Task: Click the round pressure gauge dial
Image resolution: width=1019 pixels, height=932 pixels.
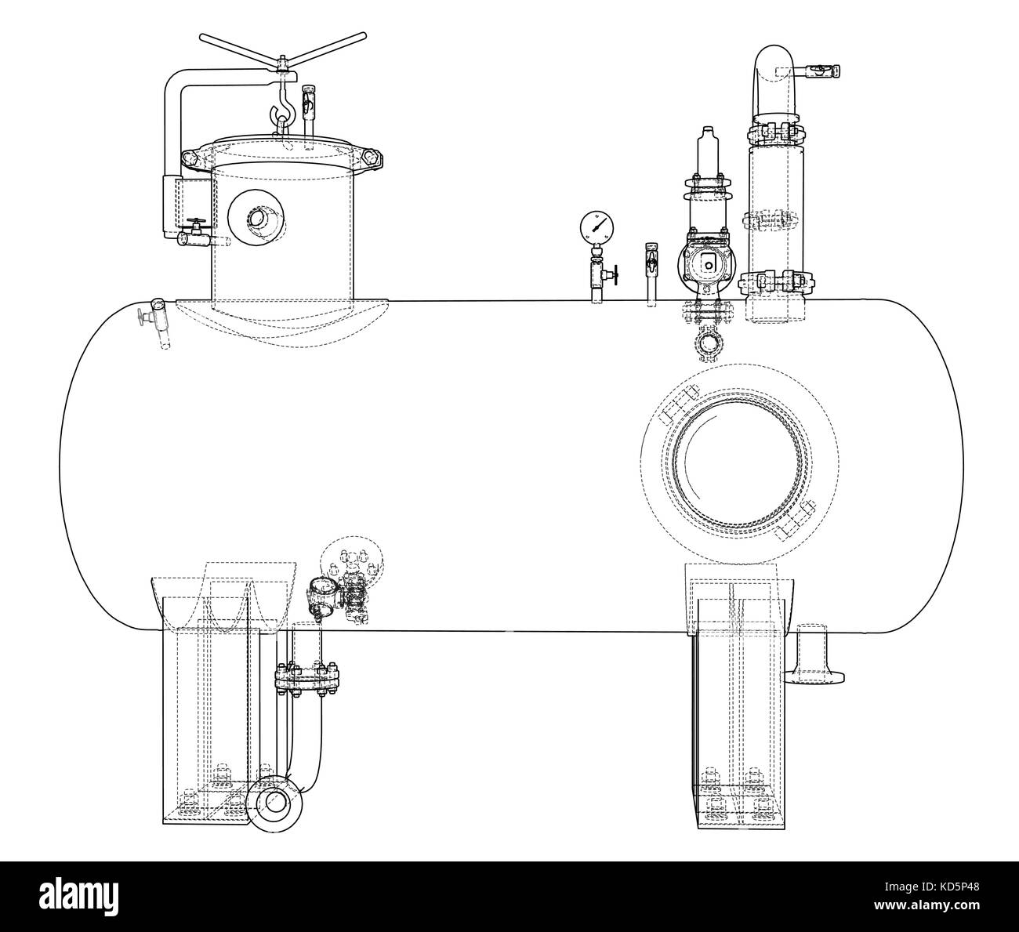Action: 597,227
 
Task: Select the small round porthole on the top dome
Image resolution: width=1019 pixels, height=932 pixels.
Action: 256,218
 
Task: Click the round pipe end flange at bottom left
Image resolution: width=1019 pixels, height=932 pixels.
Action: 274,803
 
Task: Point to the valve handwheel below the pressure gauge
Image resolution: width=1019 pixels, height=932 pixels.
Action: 615,275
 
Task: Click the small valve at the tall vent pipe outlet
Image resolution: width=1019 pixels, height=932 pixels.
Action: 823,71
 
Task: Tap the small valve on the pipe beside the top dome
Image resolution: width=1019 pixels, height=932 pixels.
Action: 193,231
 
